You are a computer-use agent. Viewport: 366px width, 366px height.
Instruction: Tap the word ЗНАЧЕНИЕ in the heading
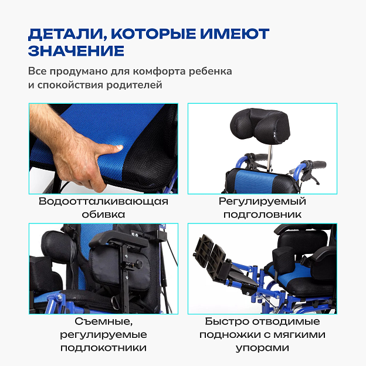coord(76,51)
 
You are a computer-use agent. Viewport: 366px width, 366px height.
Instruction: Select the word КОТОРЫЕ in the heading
coord(154,33)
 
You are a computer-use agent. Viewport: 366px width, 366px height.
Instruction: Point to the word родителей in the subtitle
coord(134,85)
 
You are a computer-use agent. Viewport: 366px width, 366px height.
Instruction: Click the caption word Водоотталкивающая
coord(103,201)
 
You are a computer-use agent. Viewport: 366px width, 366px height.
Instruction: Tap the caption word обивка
coord(103,214)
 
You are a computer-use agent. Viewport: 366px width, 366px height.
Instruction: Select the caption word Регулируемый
coord(262,202)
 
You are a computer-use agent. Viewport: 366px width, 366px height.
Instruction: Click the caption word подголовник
coord(262,215)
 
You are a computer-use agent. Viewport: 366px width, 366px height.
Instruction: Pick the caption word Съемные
coord(104,321)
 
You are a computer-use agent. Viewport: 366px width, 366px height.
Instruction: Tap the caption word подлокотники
coord(103,348)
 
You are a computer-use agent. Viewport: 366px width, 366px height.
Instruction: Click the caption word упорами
coord(262,348)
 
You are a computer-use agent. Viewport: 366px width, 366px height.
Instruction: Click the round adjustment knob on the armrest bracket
coord(139,264)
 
